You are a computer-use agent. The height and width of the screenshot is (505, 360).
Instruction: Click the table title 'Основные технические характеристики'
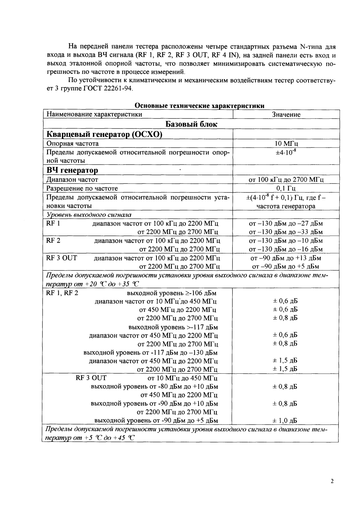click(200, 106)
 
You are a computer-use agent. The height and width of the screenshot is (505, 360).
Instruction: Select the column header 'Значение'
click(286, 114)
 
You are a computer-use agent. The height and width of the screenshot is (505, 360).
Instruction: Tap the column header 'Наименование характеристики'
click(94, 114)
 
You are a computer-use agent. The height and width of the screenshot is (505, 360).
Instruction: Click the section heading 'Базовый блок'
click(191, 124)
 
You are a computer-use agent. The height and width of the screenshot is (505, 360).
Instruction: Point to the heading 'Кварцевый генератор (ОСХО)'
click(104, 135)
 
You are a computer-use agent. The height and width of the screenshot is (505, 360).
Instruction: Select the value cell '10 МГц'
click(286, 144)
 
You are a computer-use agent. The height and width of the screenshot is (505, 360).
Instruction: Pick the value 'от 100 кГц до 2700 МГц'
click(286, 180)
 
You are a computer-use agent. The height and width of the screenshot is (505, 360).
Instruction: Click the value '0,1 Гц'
click(286, 188)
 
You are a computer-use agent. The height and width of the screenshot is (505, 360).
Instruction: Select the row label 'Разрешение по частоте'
click(82, 188)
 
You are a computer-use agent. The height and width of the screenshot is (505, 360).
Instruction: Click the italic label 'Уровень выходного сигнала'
click(89, 215)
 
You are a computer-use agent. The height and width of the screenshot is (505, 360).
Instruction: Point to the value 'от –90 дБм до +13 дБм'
click(285, 258)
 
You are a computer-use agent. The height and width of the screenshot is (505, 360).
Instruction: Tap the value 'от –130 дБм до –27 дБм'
click(286, 224)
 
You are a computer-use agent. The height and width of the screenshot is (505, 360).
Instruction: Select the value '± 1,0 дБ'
click(285, 420)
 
